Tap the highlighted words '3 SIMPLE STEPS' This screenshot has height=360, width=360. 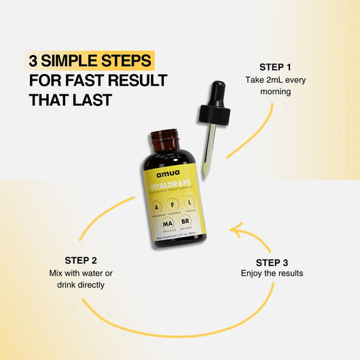point(90,61)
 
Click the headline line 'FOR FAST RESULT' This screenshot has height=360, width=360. point(98,81)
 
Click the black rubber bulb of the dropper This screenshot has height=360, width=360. point(219,97)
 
